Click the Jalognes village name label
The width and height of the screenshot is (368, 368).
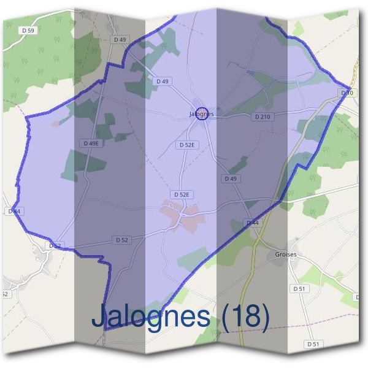click(202, 114)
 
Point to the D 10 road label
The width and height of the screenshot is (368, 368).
click(347, 93)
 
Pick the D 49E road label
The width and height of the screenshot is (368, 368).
click(90, 143)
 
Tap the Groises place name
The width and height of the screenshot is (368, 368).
click(286, 254)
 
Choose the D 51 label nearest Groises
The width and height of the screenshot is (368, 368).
click(299, 288)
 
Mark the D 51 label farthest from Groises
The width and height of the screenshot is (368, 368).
click(313, 345)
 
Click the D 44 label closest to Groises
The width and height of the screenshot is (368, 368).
click(253, 223)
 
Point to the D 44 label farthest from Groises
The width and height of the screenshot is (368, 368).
click(14, 211)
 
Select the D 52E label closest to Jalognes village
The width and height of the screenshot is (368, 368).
click(186, 145)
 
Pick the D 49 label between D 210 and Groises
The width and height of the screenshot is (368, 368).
click(231, 178)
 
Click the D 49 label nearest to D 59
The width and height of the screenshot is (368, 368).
click(120, 40)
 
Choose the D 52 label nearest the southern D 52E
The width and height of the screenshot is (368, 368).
click(121, 240)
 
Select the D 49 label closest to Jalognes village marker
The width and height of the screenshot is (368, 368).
click(163, 81)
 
